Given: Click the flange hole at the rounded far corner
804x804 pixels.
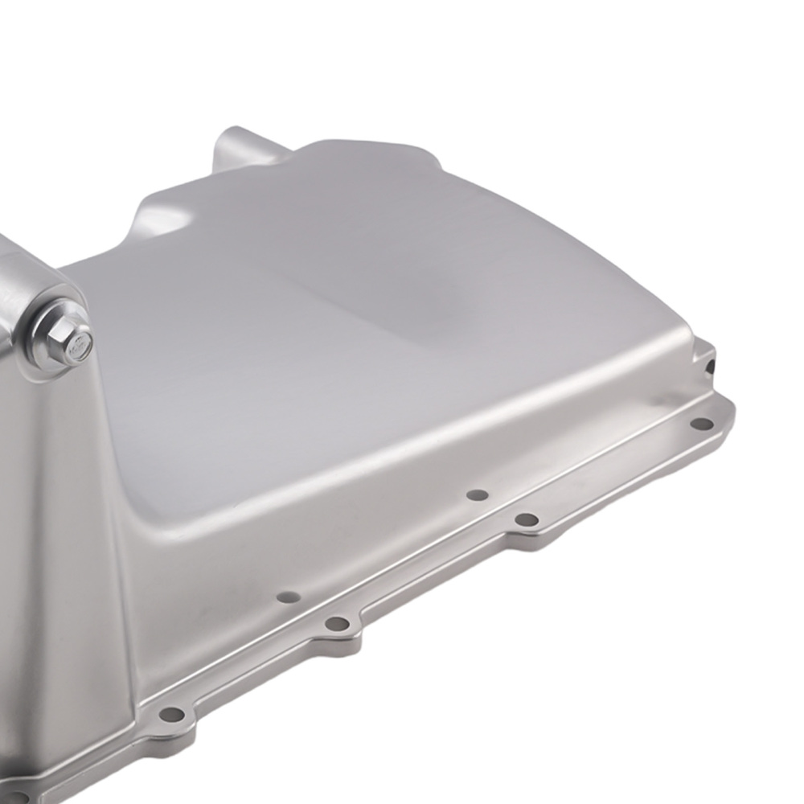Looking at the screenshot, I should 702,424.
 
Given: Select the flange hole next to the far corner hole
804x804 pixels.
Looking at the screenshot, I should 527,520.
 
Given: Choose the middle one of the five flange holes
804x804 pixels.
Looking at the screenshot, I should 338,623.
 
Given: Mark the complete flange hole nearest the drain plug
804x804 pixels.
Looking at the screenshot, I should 171,714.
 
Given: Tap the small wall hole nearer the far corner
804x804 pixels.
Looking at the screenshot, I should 478,495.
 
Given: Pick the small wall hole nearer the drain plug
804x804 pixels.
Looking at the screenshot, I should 288,597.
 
